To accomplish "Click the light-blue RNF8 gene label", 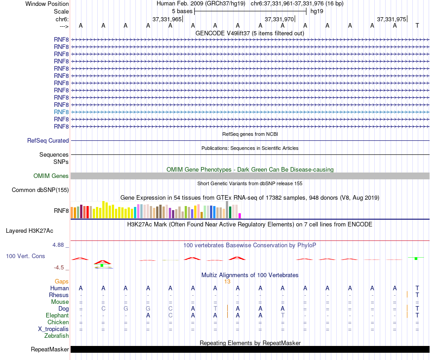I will click(x=61, y=112).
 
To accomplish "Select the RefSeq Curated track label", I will click(x=48, y=141).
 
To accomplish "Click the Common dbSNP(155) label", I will click(x=40, y=190).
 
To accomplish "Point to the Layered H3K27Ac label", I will click(x=29, y=230).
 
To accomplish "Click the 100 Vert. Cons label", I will click(x=25, y=256).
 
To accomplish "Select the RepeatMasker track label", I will click(x=50, y=350).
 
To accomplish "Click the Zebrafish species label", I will click(x=57, y=336).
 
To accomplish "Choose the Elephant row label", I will click(x=57, y=316).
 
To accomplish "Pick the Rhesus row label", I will click(x=59, y=295).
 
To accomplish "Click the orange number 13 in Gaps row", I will click(x=227, y=282).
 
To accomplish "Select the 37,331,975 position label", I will click(x=392, y=19).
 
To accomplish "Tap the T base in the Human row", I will click(x=417, y=288).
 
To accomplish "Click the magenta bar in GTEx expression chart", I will click(x=240, y=216).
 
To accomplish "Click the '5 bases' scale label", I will click(x=182, y=10).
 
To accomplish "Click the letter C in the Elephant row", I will click(x=171, y=316).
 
